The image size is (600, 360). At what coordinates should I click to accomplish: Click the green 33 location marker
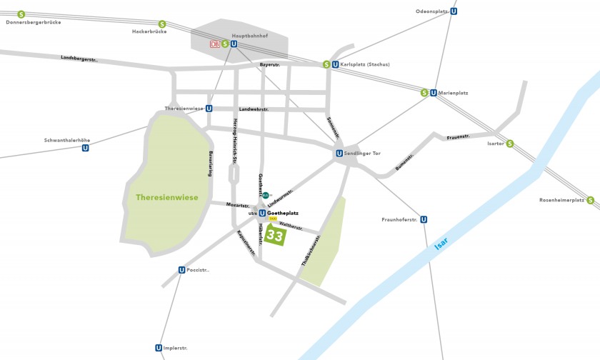pyautogui.click(x=274, y=234)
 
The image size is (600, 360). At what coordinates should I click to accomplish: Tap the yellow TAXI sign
pyautogui.click(x=273, y=219)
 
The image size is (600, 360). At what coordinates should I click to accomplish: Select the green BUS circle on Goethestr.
pyautogui.click(x=266, y=195)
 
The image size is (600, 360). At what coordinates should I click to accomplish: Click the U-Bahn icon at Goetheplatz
pyautogui.click(x=262, y=213)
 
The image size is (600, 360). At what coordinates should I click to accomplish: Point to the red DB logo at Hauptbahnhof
pyautogui.click(x=215, y=44)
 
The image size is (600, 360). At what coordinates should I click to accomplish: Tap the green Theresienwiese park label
pyautogui.click(x=166, y=197)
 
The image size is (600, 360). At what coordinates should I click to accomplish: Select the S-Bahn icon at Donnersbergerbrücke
pyautogui.click(x=21, y=14)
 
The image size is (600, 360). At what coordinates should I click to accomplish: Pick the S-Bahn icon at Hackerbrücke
pyautogui.click(x=163, y=24)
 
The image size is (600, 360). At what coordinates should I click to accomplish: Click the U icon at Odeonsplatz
pyautogui.click(x=454, y=11)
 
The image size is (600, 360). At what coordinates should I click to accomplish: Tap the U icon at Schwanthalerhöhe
pyautogui.click(x=86, y=148)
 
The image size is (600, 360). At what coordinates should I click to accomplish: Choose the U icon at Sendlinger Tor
pyautogui.click(x=339, y=153)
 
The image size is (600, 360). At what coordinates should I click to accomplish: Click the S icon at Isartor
pyautogui.click(x=510, y=144)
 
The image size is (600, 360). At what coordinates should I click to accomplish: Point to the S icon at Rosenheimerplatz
pyautogui.click(x=591, y=200)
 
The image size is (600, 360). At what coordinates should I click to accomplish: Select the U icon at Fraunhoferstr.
pyautogui.click(x=424, y=219)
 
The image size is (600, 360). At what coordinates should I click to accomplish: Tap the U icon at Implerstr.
pyautogui.click(x=159, y=348)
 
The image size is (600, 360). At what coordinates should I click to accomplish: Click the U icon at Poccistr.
pyautogui.click(x=181, y=270)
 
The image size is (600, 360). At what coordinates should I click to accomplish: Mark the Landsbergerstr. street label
pyautogui.click(x=79, y=58)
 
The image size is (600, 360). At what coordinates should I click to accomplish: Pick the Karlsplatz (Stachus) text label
pyautogui.click(x=365, y=64)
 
